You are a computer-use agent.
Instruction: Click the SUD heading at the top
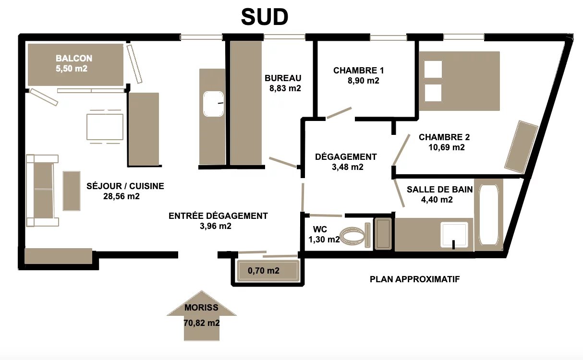[265, 17]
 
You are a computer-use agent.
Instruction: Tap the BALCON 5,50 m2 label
[74, 63]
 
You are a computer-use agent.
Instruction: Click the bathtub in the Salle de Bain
[488, 215]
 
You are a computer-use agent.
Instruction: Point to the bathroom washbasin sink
[454, 235]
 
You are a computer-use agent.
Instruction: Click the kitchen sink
[213, 104]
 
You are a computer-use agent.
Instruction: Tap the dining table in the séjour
[105, 127]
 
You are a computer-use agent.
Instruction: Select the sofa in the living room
[42, 191]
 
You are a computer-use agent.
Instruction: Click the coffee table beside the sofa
[72, 191]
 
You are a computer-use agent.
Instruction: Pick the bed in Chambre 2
[459, 81]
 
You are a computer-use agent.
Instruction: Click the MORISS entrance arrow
[201, 315]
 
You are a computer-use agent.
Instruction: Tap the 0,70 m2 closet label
[263, 271]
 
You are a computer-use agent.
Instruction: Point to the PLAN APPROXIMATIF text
[414, 279]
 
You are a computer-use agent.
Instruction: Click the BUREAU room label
[283, 78]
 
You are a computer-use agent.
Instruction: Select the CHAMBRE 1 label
[358, 70]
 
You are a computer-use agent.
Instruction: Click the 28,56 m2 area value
[121, 196]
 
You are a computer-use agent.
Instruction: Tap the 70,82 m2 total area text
[202, 323]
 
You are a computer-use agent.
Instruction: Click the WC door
[326, 216]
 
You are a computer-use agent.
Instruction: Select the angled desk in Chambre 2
[522, 147]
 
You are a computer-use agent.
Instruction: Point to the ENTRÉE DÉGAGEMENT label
[218, 216]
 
